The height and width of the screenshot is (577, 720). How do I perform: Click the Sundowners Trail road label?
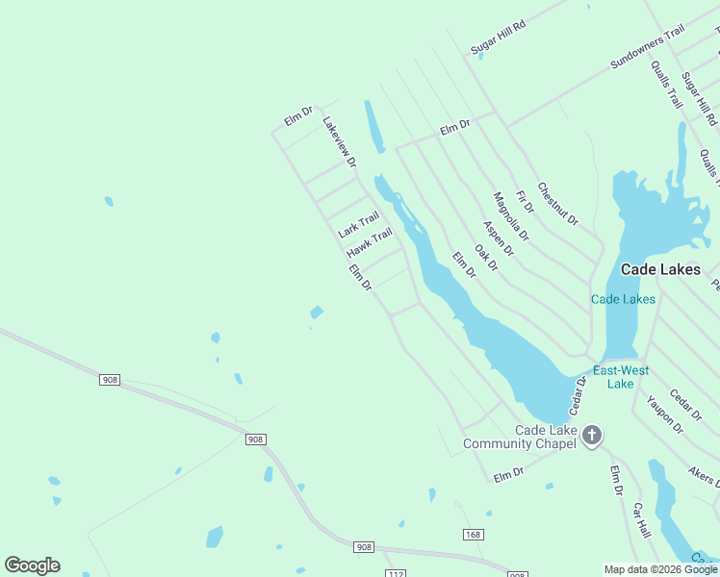647,47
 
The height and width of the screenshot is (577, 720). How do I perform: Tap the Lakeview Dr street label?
339,141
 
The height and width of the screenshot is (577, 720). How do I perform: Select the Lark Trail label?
358,225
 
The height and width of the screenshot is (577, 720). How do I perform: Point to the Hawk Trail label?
370,242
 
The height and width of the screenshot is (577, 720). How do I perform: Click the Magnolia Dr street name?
510,216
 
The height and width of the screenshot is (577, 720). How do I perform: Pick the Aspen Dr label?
499,238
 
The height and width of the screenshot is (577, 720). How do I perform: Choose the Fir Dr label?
525,202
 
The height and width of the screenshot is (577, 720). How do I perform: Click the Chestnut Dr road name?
557,205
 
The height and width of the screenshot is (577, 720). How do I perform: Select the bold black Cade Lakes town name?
660,270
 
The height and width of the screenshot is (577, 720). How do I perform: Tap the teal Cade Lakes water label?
623,299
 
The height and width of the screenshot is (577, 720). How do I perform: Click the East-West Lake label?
621,377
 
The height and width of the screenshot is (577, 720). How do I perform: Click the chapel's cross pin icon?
592,436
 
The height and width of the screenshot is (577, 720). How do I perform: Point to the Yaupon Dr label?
665,414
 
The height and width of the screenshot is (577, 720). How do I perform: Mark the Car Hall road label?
642,521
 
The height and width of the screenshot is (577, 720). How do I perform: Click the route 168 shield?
472,535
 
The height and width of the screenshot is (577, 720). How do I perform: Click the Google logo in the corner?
32,565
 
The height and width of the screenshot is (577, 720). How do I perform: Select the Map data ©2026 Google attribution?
660,569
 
